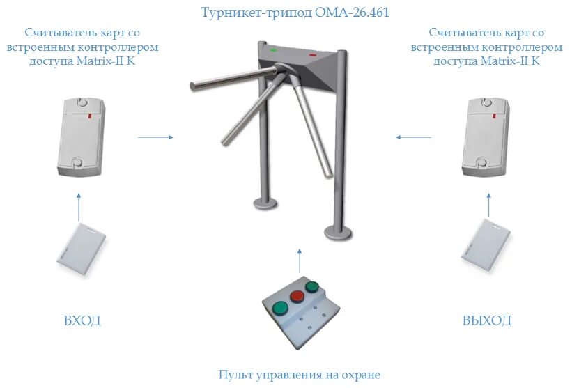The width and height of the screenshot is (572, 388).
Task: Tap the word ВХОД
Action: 82,321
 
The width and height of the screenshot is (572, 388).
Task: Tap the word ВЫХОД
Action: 487,321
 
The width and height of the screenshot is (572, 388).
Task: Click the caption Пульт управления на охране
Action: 299,375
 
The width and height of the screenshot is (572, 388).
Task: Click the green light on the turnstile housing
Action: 275,49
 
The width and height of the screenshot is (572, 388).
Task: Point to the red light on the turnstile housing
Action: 311,54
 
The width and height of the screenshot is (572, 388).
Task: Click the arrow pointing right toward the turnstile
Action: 155,137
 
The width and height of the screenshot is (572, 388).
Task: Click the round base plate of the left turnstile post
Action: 263,203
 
